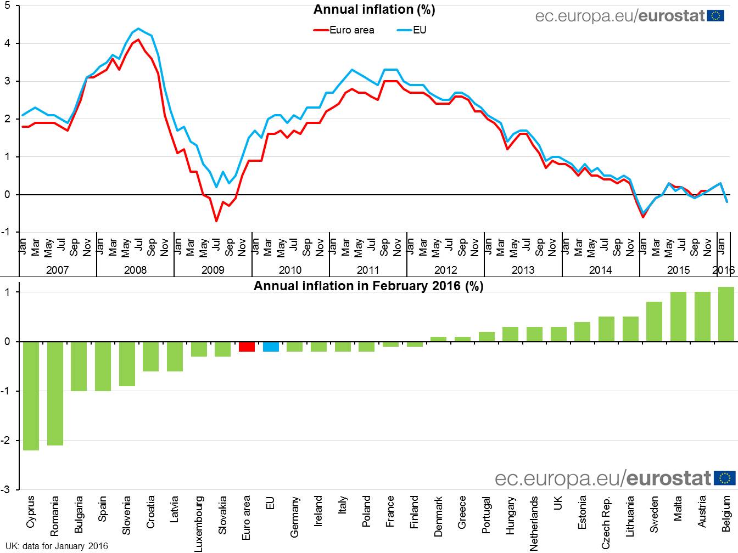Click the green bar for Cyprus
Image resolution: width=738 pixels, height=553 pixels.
tap(31, 396)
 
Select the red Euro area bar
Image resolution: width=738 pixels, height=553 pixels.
tap(247, 346)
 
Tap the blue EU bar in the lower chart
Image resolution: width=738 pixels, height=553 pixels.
tap(271, 346)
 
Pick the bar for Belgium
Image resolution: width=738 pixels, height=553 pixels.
tap(726, 314)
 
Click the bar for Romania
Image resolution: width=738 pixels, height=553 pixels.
tap(55, 393)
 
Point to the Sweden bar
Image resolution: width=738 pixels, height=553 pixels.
tap(654, 321)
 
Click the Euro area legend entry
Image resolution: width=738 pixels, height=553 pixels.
tap(345, 30)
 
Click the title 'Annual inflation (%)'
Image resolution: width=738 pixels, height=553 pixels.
tap(374, 9)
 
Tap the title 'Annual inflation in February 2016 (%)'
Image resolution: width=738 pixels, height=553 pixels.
tap(368, 286)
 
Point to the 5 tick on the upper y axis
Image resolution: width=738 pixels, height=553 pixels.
tap(7, 5)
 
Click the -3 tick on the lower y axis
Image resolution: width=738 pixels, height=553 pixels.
tap(5, 489)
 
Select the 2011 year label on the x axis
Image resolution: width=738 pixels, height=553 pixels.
tap(368, 270)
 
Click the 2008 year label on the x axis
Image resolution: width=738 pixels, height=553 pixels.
tap(135, 270)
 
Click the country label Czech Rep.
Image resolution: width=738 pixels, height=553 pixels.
tap(606, 522)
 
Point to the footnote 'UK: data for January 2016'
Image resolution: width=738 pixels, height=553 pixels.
tap(57, 546)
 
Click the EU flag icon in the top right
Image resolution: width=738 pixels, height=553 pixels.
tap(716, 15)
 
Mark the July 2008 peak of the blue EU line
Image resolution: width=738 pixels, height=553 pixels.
tap(138, 29)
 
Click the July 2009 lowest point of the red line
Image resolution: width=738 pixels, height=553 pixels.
tap(216, 221)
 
